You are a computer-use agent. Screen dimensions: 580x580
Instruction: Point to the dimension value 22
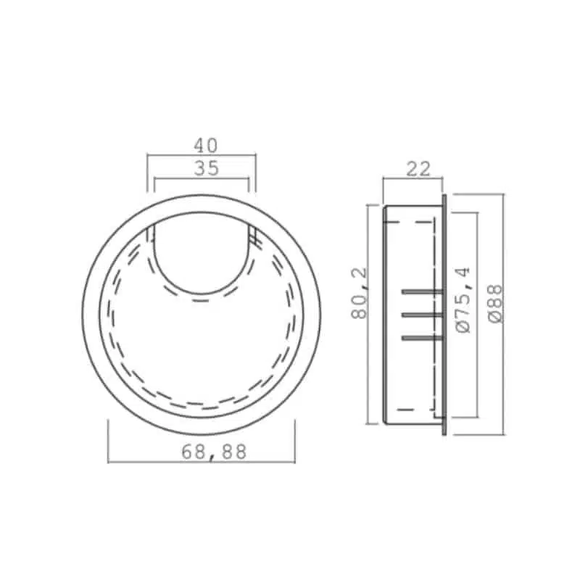pyautogui.click(x=418, y=169)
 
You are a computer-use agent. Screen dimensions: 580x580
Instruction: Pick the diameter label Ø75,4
pyautogui.click(x=465, y=299)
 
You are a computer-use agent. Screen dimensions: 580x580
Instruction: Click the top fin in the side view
pyautogui.click(x=421, y=291)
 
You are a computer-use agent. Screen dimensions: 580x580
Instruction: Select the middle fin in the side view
pyautogui.click(x=421, y=315)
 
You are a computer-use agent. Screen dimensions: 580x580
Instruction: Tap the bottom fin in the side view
pyautogui.click(x=421, y=338)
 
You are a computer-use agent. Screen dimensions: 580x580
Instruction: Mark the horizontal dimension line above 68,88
pyautogui.click(x=202, y=461)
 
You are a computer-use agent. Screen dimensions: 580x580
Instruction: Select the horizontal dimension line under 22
pyautogui.click(x=412, y=178)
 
